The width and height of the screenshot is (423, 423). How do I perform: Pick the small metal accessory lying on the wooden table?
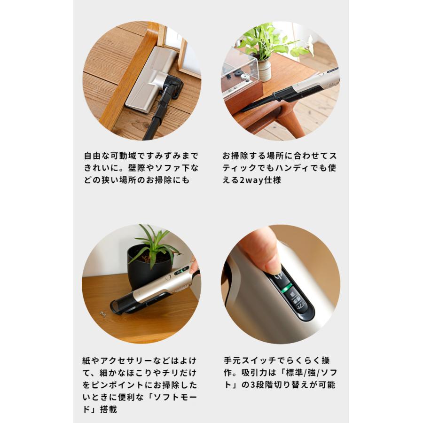coord(102,314)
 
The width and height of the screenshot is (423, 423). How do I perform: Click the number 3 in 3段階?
coord(253,384)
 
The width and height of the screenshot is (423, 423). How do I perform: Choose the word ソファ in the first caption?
coord(167,168)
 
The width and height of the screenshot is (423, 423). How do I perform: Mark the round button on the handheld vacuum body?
coord(168,278)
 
